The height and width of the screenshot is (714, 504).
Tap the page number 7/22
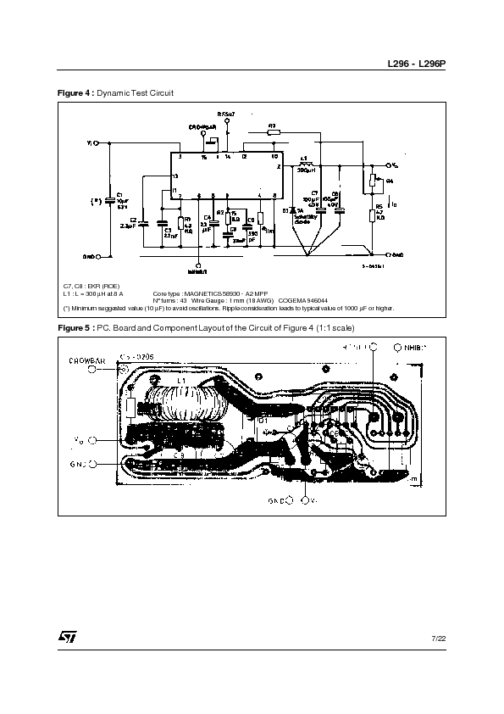[437, 637]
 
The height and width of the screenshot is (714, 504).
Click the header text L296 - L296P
[417, 64]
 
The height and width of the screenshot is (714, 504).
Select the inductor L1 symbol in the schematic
[304, 164]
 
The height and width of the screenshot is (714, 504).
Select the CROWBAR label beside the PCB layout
[86, 361]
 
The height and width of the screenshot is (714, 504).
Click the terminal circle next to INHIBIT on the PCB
[399, 348]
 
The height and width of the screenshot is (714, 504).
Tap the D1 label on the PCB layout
[263, 420]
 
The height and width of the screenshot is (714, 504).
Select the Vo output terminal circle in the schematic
[389, 165]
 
